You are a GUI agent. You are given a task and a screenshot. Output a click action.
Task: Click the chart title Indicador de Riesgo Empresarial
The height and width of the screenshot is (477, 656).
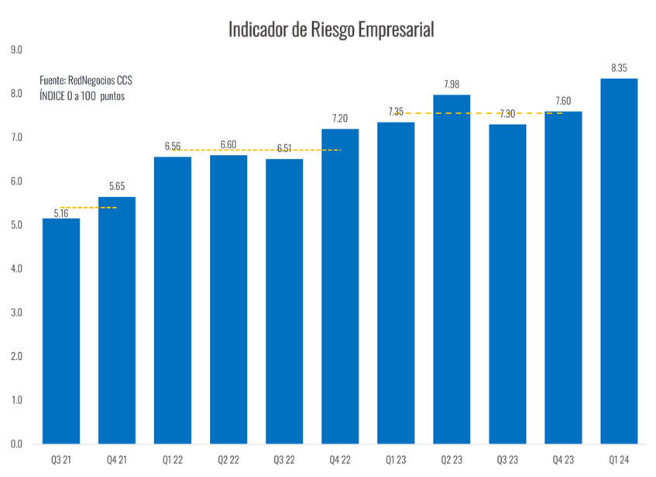click(x=331, y=29)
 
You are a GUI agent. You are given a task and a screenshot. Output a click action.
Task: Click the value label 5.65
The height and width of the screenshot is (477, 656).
click(x=117, y=186)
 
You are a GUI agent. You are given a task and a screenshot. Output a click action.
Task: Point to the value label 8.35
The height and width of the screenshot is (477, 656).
click(x=619, y=67)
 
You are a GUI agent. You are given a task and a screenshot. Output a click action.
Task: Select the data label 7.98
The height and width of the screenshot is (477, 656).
click(x=452, y=84)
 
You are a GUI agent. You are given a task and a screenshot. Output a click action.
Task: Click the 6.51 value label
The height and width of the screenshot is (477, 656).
click(x=284, y=148)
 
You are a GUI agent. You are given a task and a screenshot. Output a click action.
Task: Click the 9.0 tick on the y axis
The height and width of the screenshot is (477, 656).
click(x=17, y=50)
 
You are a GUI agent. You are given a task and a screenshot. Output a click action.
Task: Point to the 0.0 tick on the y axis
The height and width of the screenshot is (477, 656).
click(x=17, y=444)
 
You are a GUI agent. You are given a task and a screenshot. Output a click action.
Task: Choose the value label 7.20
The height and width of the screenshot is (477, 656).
click(x=340, y=118)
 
